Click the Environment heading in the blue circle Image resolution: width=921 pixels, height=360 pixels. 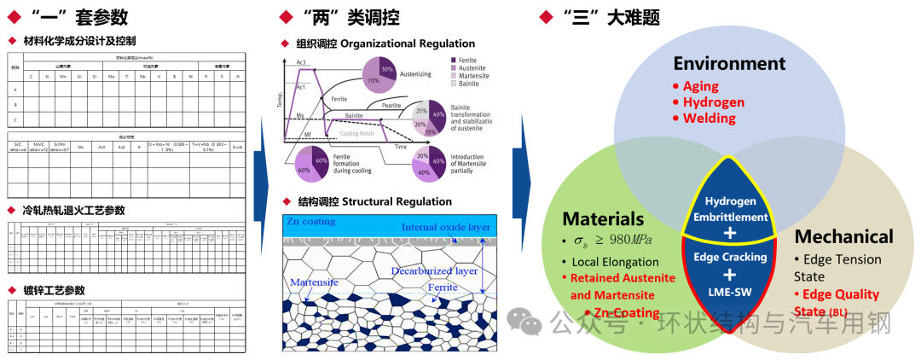click(x=728, y=63)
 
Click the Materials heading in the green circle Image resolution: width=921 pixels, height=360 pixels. click(x=603, y=219)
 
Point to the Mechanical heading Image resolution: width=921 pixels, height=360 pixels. click(x=843, y=236)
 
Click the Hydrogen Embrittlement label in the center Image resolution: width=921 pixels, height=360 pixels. click(x=729, y=208)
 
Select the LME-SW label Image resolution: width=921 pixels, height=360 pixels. click(x=729, y=293)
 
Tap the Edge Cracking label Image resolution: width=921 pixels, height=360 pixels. click(x=729, y=256)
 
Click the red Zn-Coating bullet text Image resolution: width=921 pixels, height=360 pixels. click(x=627, y=313)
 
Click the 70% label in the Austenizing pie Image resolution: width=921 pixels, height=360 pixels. click(x=373, y=79)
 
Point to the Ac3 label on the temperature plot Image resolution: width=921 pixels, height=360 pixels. click(x=301, y=63)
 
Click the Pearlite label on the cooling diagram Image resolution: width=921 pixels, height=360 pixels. click(x=391, y=106)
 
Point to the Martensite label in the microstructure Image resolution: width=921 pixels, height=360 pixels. click(x=316, y=282)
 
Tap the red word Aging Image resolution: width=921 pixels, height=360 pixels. click(x=700, y=86)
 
